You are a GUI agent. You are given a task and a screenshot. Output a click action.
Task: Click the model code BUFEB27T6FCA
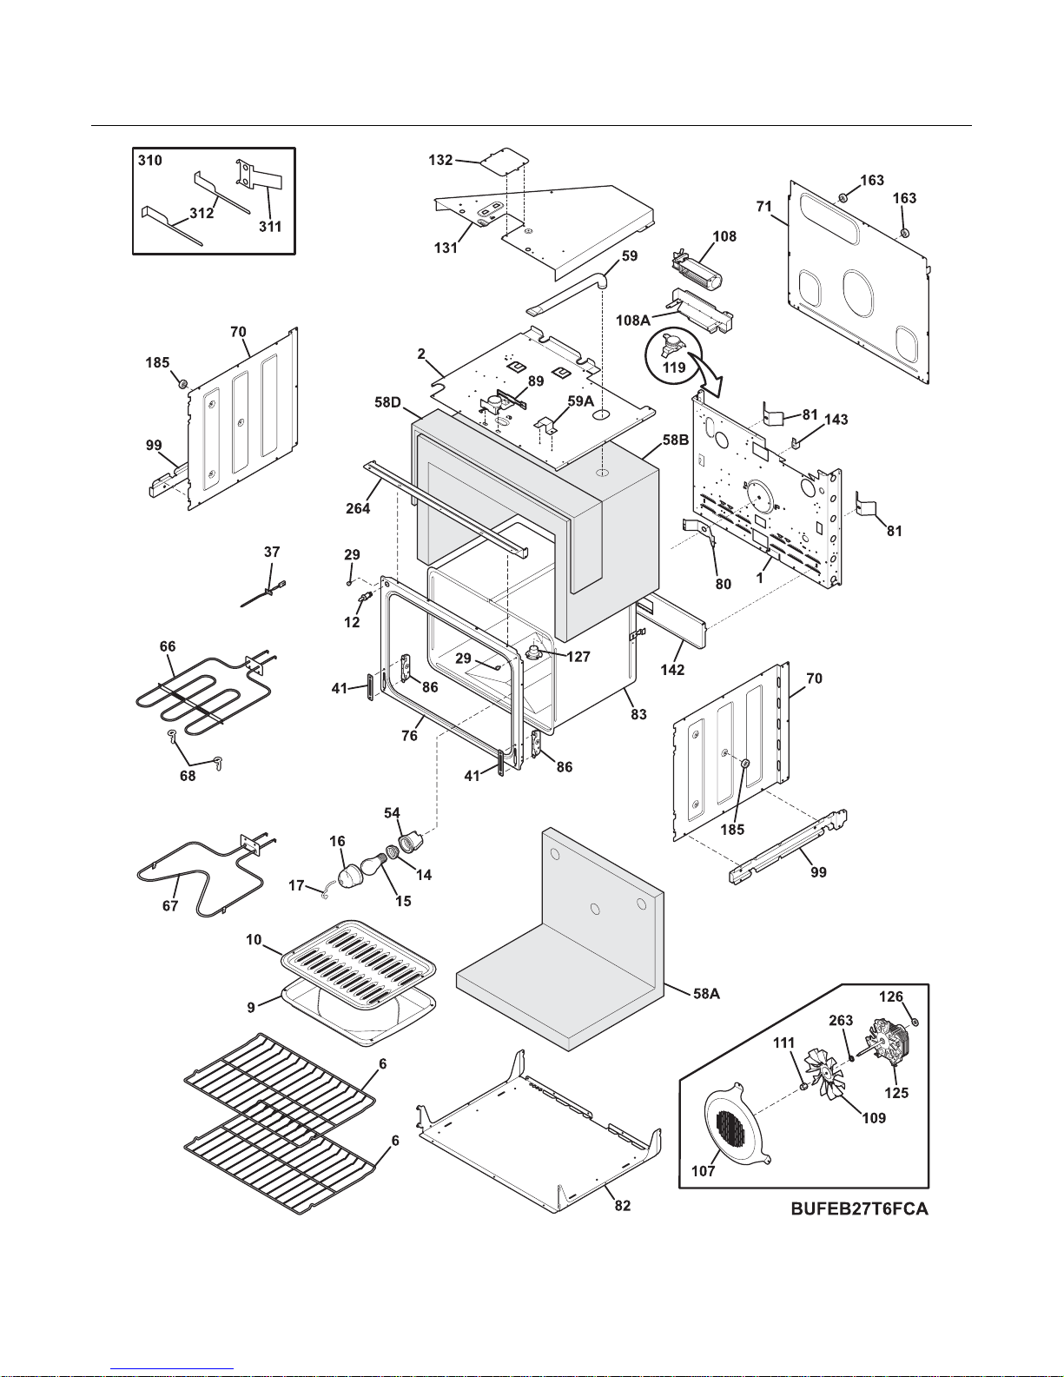pyautogui.click(x=858, y=1208)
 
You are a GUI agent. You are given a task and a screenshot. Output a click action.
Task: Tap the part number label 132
pyautogui.click(x=440, y=160)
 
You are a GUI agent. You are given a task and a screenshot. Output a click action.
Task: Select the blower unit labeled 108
pyautogui.click(x=698, y=271)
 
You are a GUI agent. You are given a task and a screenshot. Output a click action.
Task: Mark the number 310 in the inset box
pyautogui.click(x=150, y=161)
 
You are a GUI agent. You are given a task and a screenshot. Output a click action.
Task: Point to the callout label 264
pyautogui.click(x=358, y=508)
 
